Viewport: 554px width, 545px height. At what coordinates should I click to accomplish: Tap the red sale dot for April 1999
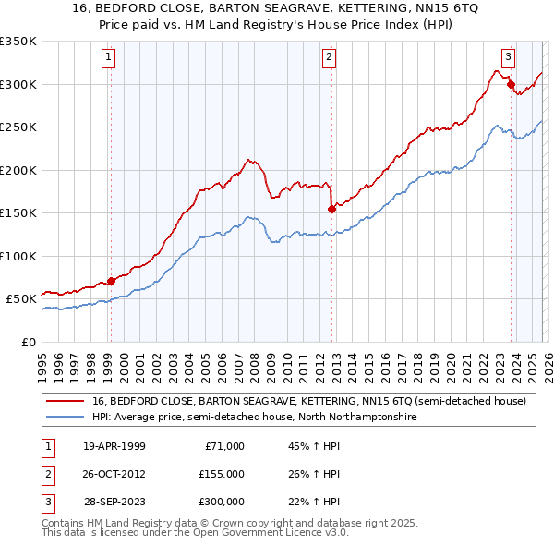pos(112,281)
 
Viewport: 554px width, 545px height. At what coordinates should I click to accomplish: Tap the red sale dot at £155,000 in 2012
pos(331,209)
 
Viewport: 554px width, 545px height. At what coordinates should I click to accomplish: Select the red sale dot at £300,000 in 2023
pos(510,85)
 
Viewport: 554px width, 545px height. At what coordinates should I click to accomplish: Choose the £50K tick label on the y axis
pos(22,299)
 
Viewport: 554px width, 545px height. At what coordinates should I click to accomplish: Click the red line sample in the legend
pos(66,401)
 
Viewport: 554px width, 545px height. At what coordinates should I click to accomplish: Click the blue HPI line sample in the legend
pos(66,418)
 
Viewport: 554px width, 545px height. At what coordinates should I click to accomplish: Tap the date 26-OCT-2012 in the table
pos(114,474)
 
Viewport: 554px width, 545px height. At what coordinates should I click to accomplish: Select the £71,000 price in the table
pos(222,446)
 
